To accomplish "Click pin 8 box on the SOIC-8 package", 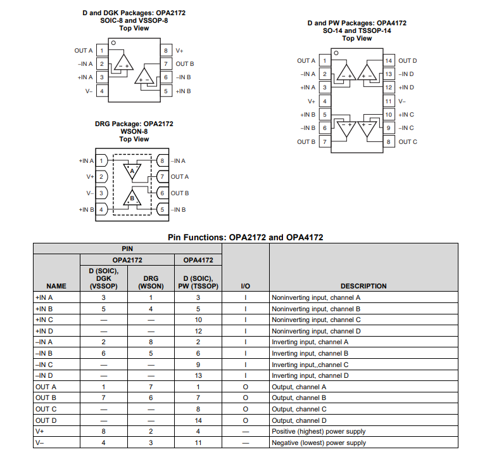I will point(165,50).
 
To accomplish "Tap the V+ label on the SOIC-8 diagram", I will point(180,50).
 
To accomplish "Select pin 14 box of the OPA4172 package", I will point(389,61).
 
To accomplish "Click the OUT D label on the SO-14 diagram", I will point(408,61).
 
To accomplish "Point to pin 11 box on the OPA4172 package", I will point(389,101).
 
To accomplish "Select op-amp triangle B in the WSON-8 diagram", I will point(132,197).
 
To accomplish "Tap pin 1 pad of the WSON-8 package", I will point(101,161).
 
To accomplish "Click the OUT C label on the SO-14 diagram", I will point(408,141).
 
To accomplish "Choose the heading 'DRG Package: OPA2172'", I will point(134,124).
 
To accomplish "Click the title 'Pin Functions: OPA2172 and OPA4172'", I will point(246,237).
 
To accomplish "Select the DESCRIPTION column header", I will point(363,286).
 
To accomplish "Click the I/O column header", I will point(246,286).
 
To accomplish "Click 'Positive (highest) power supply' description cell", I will point(319,432).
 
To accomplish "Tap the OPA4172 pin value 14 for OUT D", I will point(198,420).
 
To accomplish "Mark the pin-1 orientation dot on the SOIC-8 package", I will point(113,43).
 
